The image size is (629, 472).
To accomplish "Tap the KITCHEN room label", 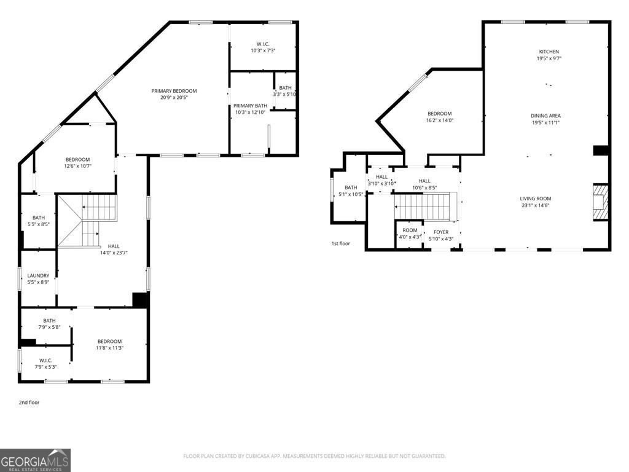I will pos(549,52).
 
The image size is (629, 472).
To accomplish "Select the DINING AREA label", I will pos(545,116).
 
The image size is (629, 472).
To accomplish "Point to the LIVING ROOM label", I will pos(536,199).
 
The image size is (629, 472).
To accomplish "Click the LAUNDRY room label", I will pos(38,276).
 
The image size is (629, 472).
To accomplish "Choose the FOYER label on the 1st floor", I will pos(441,232).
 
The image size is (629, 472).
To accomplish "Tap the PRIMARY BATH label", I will pos(250,106).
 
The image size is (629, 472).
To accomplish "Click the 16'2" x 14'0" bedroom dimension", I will pos(440,120).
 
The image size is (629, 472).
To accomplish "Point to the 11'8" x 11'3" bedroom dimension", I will pos(109,348).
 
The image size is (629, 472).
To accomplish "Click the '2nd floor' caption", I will pos(29,403).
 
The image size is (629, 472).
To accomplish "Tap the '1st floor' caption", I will pos(340,243).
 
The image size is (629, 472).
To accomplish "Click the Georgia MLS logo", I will pos(35,460).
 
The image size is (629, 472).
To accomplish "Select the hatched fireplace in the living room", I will pos(601,202).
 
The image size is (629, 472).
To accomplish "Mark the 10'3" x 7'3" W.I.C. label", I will pos(263,50).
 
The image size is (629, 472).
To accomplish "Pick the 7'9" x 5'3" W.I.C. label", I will pos(45,367).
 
